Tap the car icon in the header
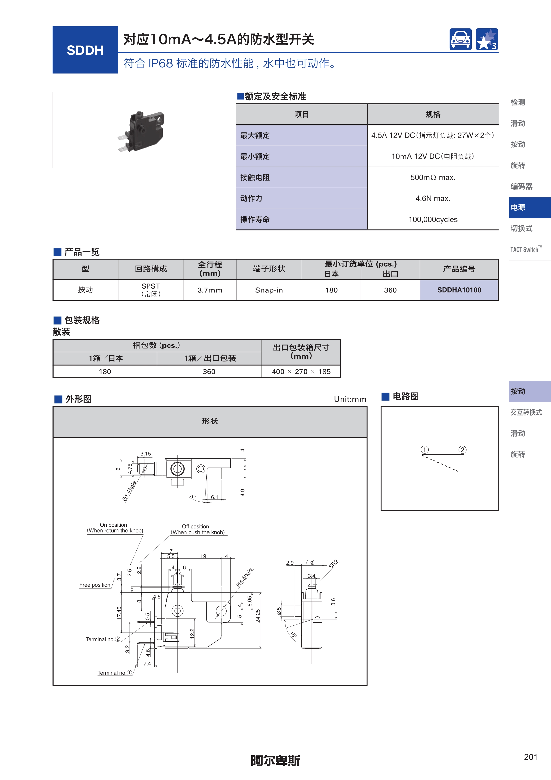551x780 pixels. [460, 39]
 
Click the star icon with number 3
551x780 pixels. [487, 39]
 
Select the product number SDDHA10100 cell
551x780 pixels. [459, 290]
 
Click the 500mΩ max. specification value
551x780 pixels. [433, 177]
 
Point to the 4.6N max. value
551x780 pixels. [433, 198]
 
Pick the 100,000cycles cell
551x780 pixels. [433, 220]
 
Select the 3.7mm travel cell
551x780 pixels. [210, 290]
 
